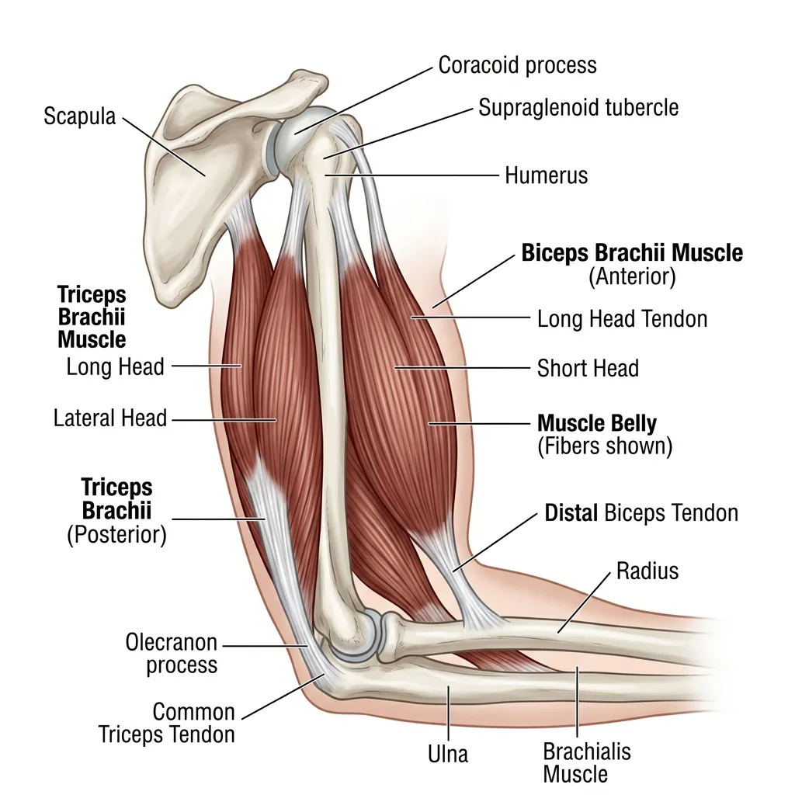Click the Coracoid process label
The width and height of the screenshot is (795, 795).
pos(517,65)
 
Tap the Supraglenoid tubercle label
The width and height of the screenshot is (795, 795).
pos(578,107)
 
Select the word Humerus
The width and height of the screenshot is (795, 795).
pos(546,175)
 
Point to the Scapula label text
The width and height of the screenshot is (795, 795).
pos(80,116)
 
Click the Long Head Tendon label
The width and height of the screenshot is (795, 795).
pos(622,319)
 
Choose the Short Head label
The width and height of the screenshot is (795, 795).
pos(588,368)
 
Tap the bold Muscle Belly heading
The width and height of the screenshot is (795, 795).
pos(597,423)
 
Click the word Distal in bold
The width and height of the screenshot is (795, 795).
pos(571,513)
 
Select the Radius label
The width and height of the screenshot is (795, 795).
pos(647,571)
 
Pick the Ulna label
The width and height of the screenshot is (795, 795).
pos(448,754)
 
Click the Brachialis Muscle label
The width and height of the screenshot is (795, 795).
pos(587,763)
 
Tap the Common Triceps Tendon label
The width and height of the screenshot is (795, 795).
pos(166,723)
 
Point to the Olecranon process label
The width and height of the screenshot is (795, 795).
pos(172,654)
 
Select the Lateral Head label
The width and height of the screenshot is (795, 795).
pos(110,418)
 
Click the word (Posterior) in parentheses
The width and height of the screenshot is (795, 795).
pos(116,535)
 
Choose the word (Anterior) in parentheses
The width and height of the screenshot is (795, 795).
pos(632,277)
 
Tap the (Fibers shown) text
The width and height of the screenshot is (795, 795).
pos(605,446)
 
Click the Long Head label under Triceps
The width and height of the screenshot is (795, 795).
pos(116,367)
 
